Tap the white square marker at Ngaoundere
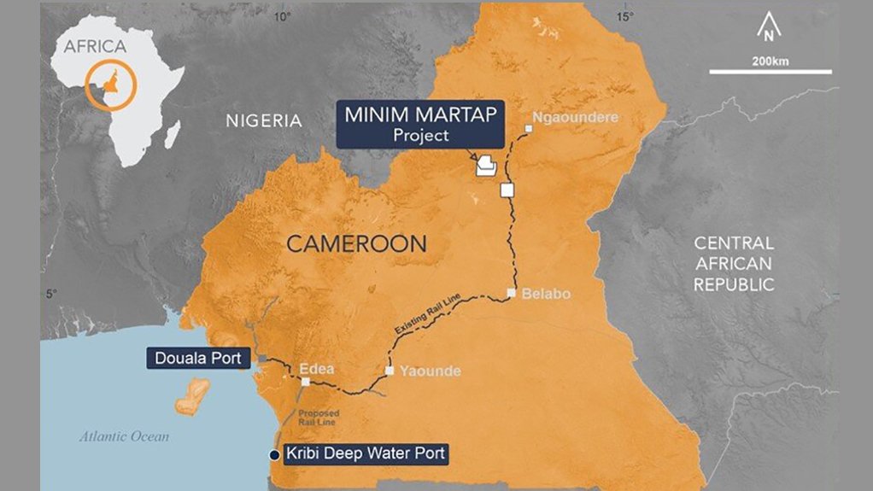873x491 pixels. [x=529, y=129]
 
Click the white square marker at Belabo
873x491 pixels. [x=511, y=293]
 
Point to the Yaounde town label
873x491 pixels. [x=430, y=371]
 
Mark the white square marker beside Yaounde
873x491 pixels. [x=390, y=371]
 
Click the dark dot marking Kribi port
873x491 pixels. [x=274, y=453]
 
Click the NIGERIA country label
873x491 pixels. [x=264, y=120]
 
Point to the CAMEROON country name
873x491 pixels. [x=356, y=244]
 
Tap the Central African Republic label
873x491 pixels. [x=734, y=264]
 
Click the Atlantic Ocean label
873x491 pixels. [x=125, y=436]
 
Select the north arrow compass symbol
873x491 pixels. [x=769, y=31]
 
